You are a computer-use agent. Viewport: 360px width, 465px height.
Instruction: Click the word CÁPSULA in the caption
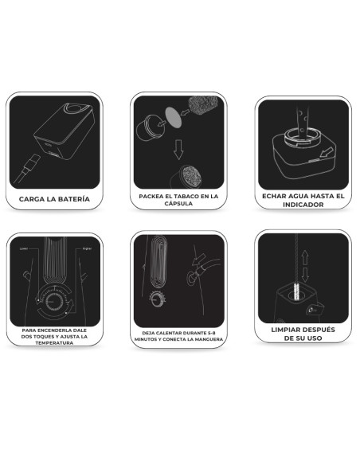tap(178, 204)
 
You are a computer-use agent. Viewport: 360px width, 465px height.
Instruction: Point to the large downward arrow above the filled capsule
tap(178, 149)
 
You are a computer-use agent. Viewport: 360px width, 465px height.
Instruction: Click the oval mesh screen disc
tap(173, 117)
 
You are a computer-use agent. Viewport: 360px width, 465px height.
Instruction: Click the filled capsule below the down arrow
tap(187, 177)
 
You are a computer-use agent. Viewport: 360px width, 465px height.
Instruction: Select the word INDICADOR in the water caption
tap(303, 205)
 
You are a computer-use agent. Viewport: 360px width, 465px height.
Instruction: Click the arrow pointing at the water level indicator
tap(327, 153)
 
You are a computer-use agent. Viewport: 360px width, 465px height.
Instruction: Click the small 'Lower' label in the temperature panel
tap(24, 248)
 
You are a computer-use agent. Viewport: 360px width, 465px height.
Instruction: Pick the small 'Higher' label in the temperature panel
tap(87, 248)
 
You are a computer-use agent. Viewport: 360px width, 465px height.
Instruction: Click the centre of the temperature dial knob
tap(54, 302)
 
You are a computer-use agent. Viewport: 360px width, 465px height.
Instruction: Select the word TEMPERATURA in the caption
tap(54, 343)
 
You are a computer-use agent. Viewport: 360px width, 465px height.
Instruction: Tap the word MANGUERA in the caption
tap(210, 339)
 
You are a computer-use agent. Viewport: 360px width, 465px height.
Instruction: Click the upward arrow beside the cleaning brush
tap(305, 258)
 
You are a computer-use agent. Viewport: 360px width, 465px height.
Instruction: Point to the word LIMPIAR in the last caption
tap(284, 330)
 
